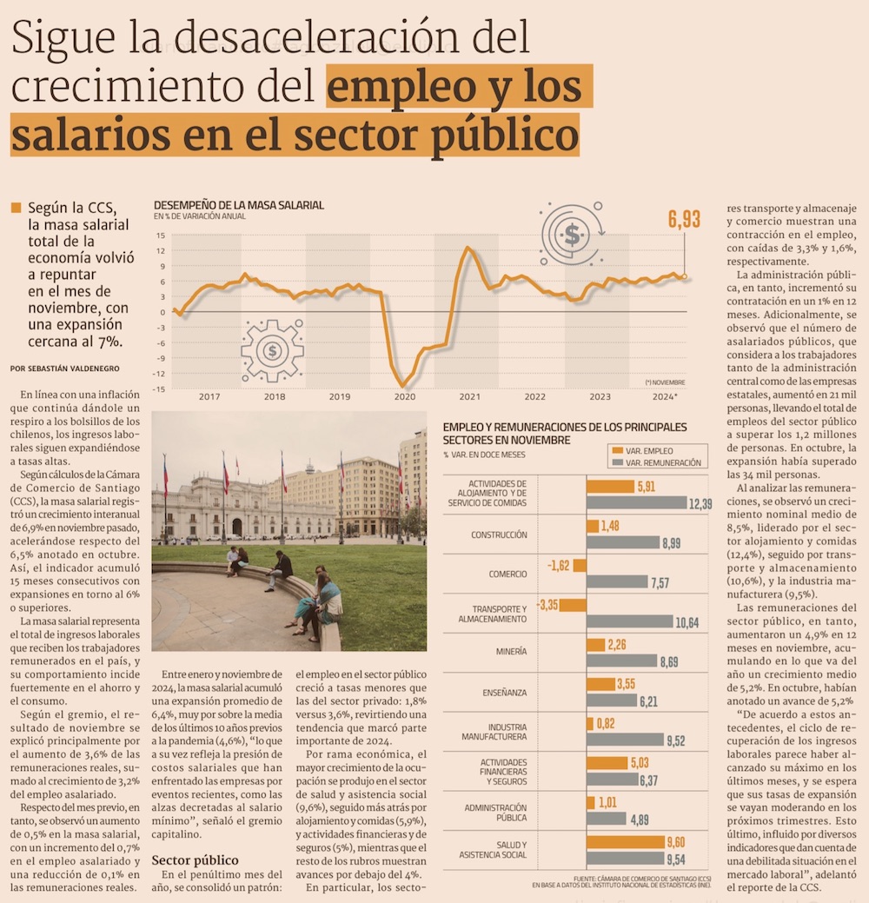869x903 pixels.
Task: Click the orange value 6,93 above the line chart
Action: point(684,220)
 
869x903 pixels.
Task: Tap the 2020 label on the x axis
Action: point(404,396)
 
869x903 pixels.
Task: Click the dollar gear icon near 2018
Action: point(272,351)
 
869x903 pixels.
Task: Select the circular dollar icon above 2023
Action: point(572,234)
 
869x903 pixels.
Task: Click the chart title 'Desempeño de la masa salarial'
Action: point(239,205)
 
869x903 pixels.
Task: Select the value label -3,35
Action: point(547,604)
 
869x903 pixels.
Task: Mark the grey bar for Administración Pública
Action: point(606,818)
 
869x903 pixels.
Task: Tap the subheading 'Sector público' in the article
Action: point(195,860)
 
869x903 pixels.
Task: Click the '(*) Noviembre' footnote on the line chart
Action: point(665,382)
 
